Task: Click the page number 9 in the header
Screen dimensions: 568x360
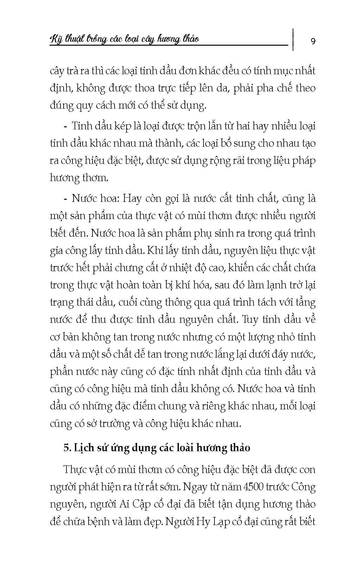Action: tap(313, 41)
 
